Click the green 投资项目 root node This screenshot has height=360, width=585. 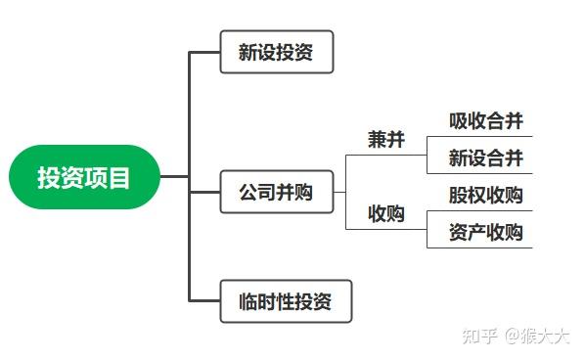click(x=83, y=177)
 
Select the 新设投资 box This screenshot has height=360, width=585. click(x=277, y=52)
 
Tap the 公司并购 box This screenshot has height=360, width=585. click(x=277, y=192)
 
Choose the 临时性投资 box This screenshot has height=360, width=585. click(x=285, y=301)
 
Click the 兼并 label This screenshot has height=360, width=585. click(x=385, y=140)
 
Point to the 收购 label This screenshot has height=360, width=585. click(x=385, y=213)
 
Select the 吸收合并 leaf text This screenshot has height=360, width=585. click(x=485, y=121)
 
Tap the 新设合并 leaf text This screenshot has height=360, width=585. click(x=485, y=157)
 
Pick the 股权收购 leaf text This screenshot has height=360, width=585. click(x=485, y=195)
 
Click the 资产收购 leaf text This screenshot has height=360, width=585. click(x=485, y=232)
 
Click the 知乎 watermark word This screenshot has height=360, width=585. click(x=479, y=337)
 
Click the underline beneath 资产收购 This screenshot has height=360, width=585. click(x=479, y=247)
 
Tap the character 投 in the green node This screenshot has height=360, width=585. click(x=48, y=177)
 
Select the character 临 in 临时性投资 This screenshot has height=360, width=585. click(x=249, y=301)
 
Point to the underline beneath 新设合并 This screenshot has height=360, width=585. click(x=479, y=174)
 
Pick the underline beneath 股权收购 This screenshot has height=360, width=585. click(x=479, y=210)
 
